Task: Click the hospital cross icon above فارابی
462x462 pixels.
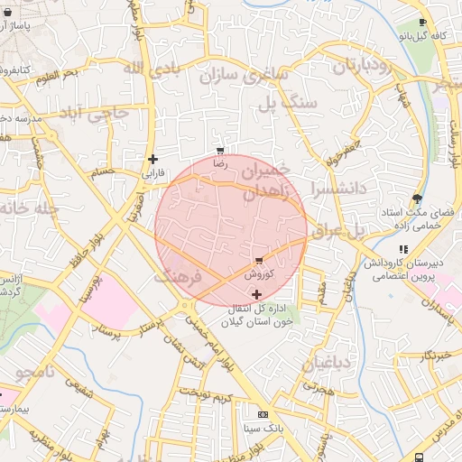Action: coord(152,159)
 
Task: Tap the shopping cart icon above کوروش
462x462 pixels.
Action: coord(260,260)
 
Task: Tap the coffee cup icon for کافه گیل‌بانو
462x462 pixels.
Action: coord(423,23)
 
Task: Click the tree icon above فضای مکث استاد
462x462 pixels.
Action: coord(416,199)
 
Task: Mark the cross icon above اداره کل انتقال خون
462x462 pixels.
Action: coord(257,294)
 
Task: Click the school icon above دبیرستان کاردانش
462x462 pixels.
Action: coord(403,249)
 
